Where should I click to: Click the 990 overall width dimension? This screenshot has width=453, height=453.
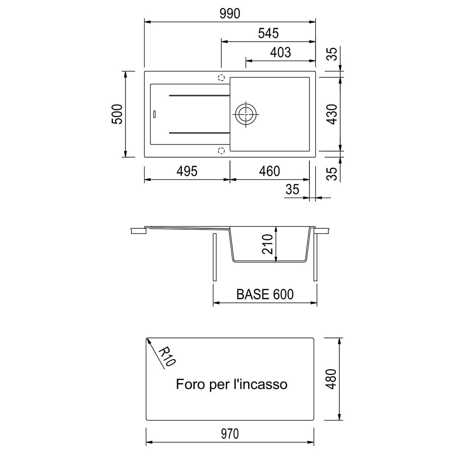click(230, 14)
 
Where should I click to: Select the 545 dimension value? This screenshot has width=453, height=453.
click(268, 33)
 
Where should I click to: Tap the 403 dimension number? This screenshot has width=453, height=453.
click(280, 53)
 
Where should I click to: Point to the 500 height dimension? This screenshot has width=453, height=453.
click(117, 114)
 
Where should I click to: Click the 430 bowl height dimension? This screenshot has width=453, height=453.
click(333, 114)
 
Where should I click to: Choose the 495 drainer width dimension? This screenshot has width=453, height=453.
click(187, 171)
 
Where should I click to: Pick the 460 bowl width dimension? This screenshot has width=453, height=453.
click(270, 171)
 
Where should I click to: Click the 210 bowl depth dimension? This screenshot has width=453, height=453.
click(268, 244)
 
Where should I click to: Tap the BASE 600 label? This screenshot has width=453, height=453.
click(265, 294)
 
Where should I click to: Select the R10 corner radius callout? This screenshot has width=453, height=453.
click(167, 357)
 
